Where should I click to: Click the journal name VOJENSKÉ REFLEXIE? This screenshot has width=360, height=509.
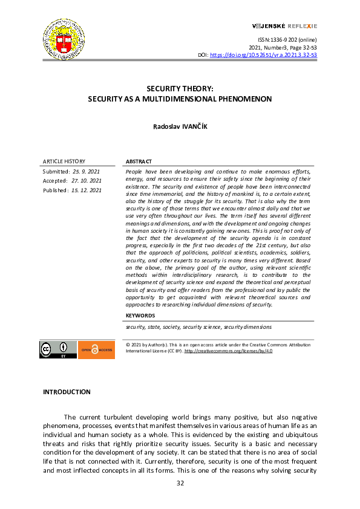[284, 26]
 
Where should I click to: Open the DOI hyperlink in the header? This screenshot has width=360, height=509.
[263, 55]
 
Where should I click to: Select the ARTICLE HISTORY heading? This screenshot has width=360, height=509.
[64, 161]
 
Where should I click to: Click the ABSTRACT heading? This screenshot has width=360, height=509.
[139, 162]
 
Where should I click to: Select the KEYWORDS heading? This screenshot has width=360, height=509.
[140, 316]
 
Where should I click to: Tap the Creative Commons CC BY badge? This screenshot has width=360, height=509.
[58, 349]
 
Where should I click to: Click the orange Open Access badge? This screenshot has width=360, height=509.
[96, 349]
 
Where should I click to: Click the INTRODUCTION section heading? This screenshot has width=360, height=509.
[67, 392]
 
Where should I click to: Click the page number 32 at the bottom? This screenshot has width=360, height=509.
[180, 483]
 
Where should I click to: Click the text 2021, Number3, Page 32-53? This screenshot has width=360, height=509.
[283, 47]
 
